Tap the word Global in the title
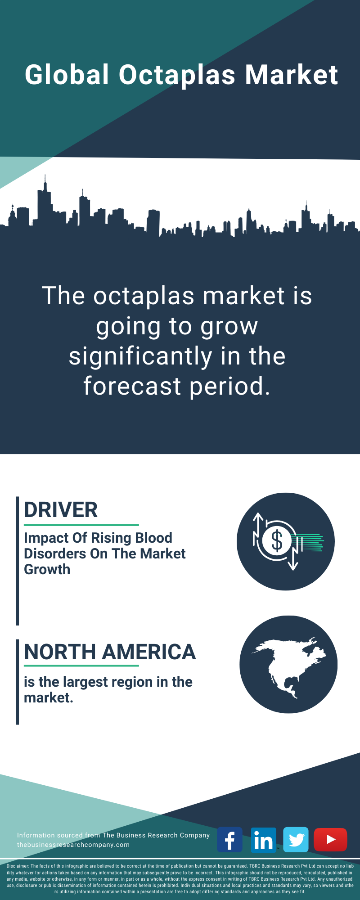[x=67, y=75]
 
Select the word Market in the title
[x=292, y=75]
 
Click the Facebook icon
[x=230, y=840]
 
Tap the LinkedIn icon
[x=263, y=840]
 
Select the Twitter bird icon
[x=296, y=840]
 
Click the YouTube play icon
[x=331, y=840]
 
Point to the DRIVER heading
[x=61, y=510]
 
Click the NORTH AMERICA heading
[x=110, y=652]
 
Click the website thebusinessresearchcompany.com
[x=73, y=845]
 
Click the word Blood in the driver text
[x=154, y=538]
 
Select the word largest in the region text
[x=88, y=683]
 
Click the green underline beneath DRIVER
[x=81, y=525]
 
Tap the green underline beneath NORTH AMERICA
[x=81, y=666]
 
